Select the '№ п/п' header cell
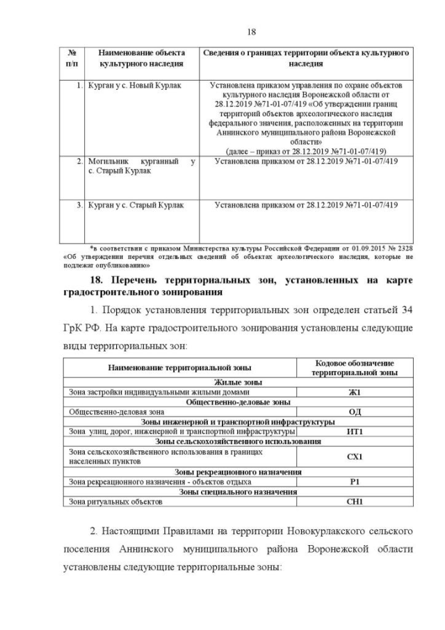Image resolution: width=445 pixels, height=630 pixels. coord(72,58)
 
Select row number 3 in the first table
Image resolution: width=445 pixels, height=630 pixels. coord(79,205)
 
